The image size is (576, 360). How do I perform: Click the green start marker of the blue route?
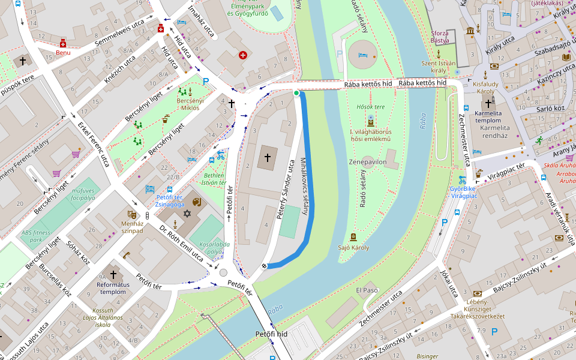coord(296,93)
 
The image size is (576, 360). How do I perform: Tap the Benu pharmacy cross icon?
coord(63,43)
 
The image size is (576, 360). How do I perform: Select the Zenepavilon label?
coord(367,162)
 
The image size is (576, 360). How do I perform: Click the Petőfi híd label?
coord(272,333)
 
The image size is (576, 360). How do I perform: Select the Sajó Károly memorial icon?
coord(353,237)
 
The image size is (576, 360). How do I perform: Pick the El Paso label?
coord(367,290)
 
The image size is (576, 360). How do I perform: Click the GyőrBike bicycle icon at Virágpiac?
coord(462,179)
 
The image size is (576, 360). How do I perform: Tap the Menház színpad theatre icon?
coord(131,214)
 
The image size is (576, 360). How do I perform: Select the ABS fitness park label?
coord(40,236)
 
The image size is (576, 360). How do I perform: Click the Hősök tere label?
coord(370,106)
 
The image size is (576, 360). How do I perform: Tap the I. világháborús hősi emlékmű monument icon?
coord(370,120)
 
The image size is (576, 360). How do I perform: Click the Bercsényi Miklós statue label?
coord(190,104)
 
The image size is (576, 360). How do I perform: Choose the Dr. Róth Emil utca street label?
coord(181,244)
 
